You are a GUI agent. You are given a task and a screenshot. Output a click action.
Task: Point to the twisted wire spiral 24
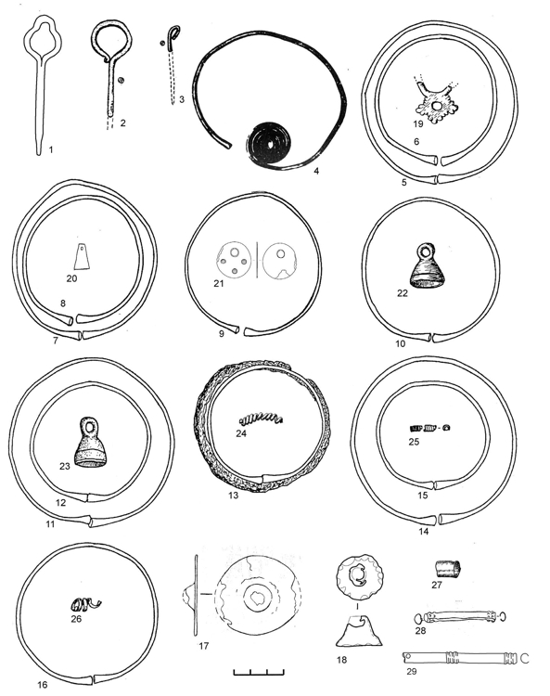261,419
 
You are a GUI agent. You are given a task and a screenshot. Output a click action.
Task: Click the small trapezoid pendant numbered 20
83,256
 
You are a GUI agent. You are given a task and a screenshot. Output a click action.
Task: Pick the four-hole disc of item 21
234,261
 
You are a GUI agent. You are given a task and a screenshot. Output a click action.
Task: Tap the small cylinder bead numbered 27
447,568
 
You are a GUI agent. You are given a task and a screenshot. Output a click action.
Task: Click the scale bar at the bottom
259,672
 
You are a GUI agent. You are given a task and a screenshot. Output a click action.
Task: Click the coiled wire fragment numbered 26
85,604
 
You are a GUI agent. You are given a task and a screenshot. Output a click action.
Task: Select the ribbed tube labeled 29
460,657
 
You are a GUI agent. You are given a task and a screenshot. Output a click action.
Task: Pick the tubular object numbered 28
460,616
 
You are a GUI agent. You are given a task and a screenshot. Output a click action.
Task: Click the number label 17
204,646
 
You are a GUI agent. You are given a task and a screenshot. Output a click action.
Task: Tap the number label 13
234,495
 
